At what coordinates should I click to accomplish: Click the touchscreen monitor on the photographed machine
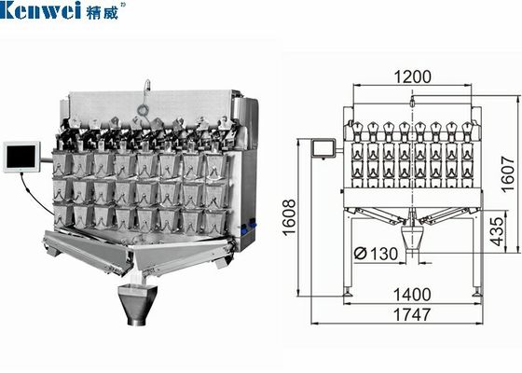point(21,157)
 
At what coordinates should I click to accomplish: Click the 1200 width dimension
point(415,77)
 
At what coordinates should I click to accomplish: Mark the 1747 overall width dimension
point(414,314)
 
